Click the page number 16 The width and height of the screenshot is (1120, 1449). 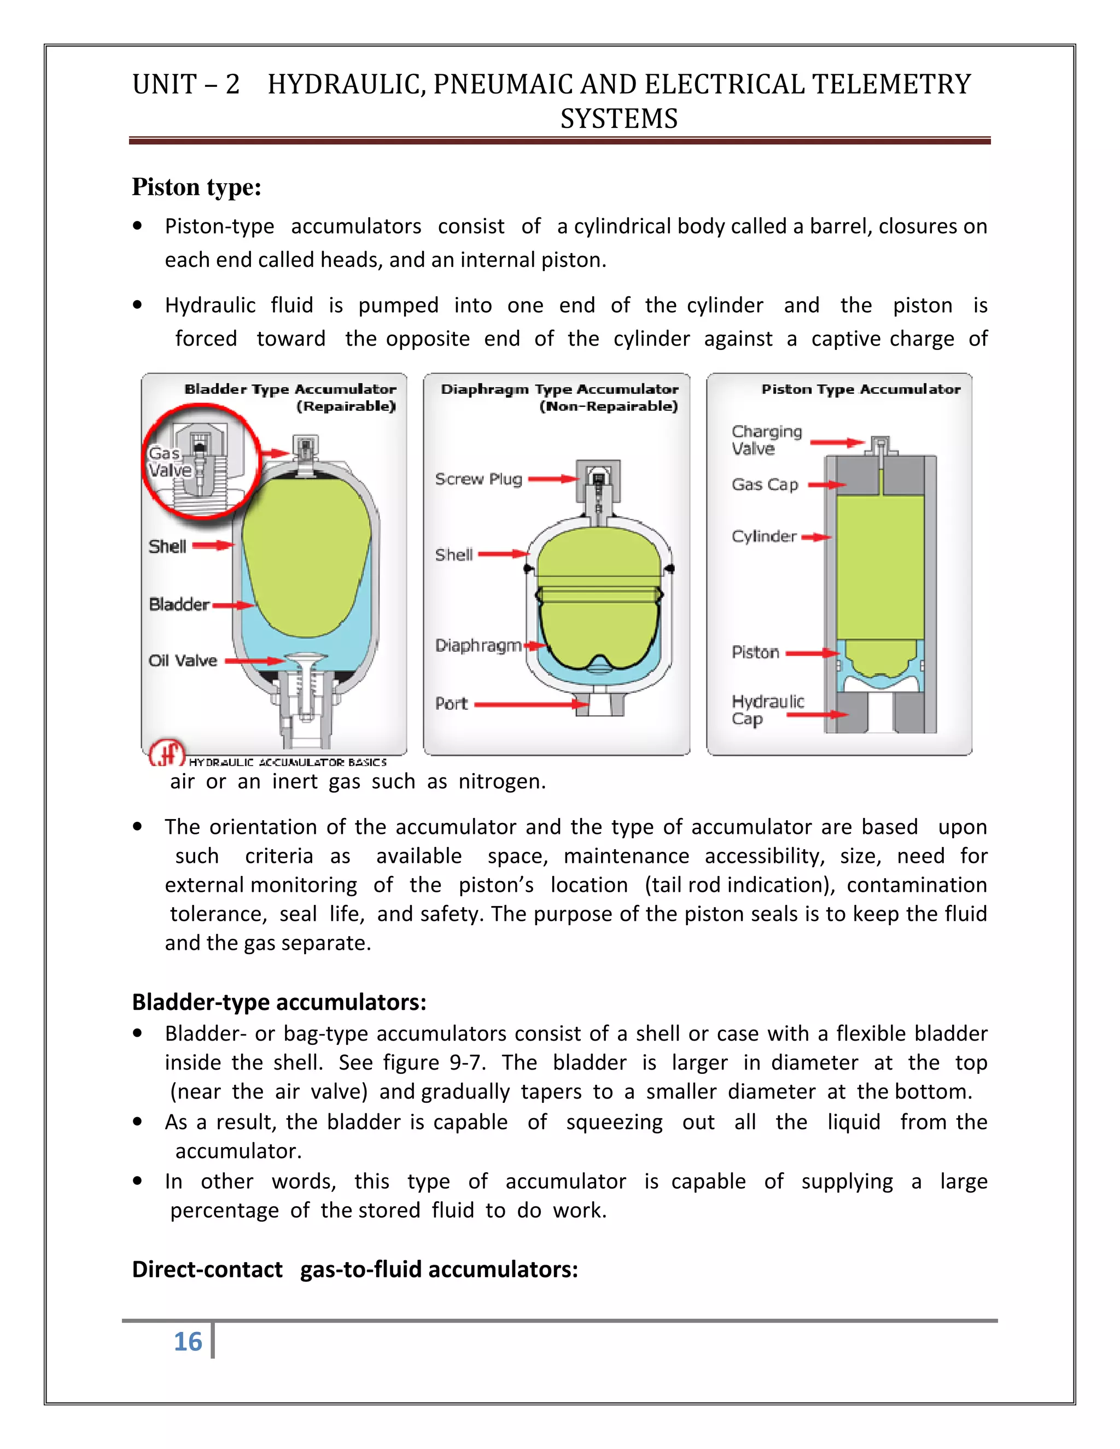[x=188, y=1341]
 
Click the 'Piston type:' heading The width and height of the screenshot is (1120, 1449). [x=196, y=188]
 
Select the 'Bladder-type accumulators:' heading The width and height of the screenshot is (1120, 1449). [x=279, y=1002]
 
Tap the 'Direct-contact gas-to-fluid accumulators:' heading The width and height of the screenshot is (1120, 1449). [x=355, y=1269]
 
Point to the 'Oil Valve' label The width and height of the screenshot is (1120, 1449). [x=183, y=661]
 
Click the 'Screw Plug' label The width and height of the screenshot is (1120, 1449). [x=479, y=479]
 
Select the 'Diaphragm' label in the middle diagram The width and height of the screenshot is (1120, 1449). [x=479, y=646]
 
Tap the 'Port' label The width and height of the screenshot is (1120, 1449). [x=452, y=704]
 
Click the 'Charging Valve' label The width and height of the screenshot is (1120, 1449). [x=766, y=440]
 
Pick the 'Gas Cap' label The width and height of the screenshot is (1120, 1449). [x=765, y=485]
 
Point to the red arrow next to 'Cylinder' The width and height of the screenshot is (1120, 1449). [x=816, y=537]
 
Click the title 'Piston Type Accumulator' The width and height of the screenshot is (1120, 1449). [x=861, y=389]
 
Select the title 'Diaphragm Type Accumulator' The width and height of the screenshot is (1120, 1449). [x=559, y=389]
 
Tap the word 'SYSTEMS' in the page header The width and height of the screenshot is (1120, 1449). [x=619, y=119]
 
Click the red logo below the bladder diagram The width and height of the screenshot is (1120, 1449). [x=167, y=752]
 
